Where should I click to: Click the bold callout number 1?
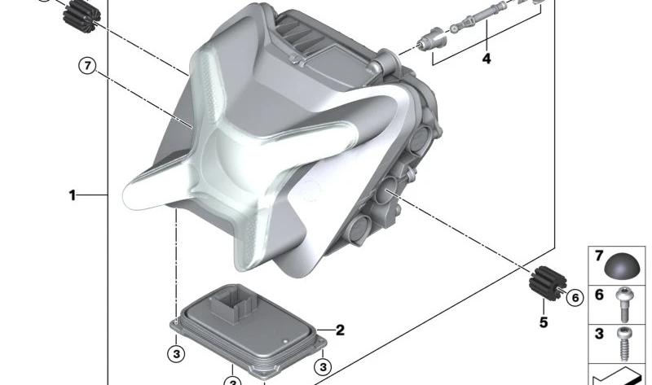(73, 195)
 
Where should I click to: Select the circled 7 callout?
(87, 66)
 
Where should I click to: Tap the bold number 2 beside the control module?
(340, 330)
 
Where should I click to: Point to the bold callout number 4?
(486, 59)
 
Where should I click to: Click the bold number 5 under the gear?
(544, 322)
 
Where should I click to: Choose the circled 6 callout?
(575, 297)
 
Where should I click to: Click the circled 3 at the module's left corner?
(176, 354)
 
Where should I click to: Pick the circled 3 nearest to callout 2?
(323, 366)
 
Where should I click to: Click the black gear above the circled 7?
(82, 15)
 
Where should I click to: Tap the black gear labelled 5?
(546, 283)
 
